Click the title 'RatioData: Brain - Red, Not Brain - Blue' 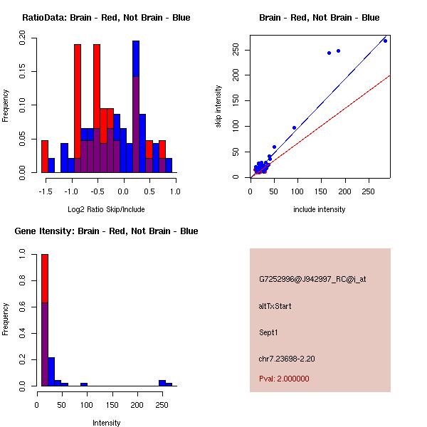coord(106,17)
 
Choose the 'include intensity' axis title coord(320,209)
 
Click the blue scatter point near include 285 coord(385,41)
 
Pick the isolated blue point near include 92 coord(294,128)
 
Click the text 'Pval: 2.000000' coord(284,379)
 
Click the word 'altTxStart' coord(275,306)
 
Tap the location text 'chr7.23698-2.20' coord(287,359)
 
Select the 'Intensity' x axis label coord(106,423)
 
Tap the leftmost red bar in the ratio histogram coord(45,156)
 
